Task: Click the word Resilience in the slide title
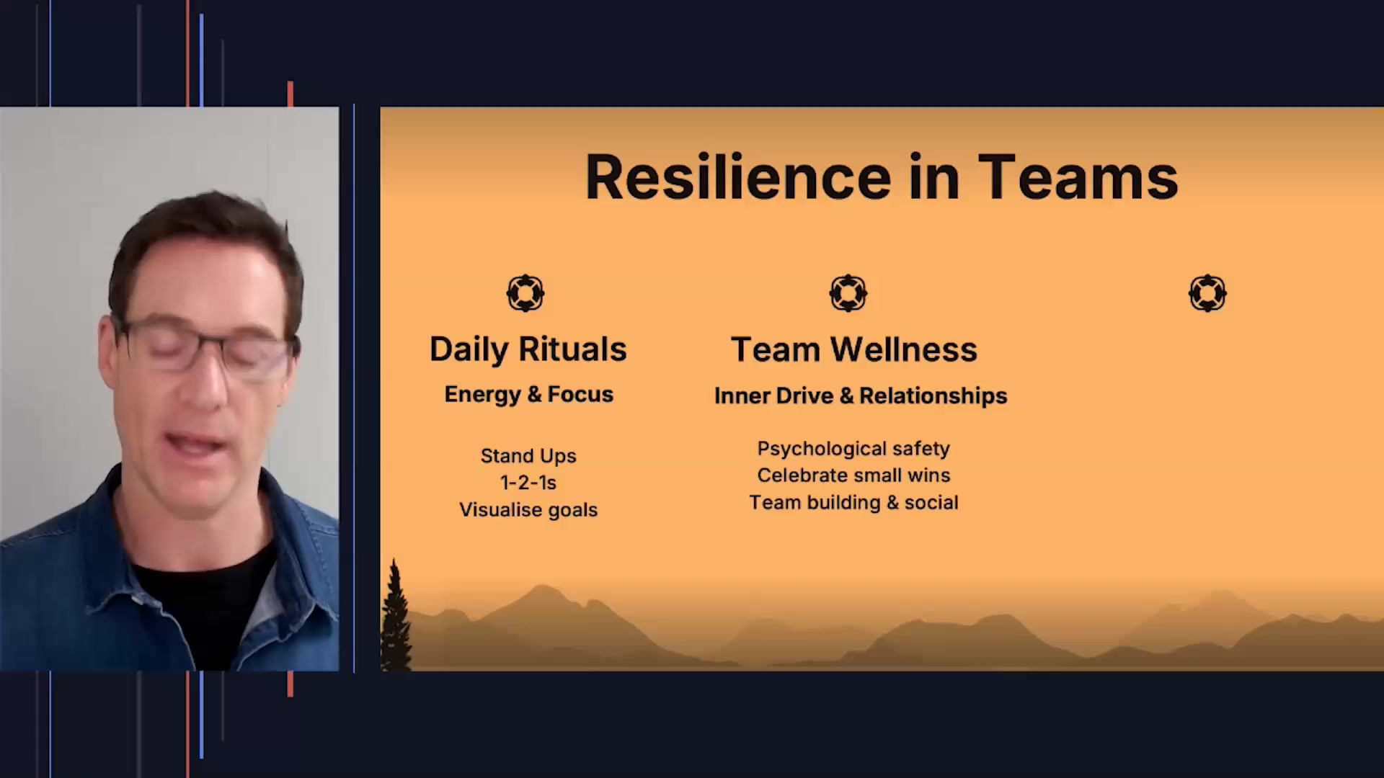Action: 738,177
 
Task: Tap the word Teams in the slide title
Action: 1078,177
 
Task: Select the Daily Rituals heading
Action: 528,349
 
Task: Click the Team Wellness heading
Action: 853,349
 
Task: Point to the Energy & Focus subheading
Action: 528,394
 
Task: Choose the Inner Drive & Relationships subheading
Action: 860,395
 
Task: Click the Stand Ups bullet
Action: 528,456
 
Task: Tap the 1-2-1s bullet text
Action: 528,483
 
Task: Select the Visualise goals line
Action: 528,510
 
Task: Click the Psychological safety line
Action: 853,449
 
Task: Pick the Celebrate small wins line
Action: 853,475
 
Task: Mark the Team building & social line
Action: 853,503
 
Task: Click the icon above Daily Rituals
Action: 525,293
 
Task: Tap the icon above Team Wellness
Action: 848,293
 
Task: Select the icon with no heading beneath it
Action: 1207,293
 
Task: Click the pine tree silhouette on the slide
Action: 395,620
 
